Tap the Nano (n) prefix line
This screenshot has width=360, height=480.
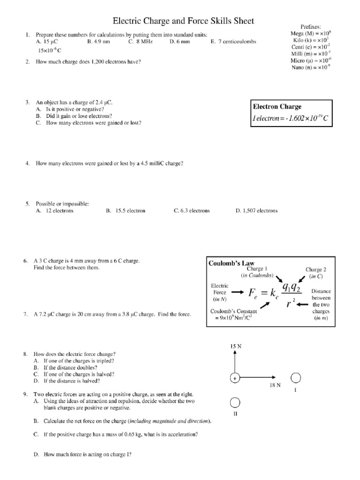pyautogui.click(x=311, y=67)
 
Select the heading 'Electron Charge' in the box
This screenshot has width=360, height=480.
pyautogui.click(x=277, y=107)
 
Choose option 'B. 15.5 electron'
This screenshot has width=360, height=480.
pyautogui.click(x=126, y=211)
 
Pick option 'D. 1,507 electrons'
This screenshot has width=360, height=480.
pyautogui.click(x=256, y=211)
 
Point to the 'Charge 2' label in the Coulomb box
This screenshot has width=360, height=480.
pyautogui.click(x=315, y=270)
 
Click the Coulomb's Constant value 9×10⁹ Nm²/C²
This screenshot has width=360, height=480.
pyautogui.click(x=233, y=318)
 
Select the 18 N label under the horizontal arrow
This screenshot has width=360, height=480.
pyautogui.click(x=275, y=385)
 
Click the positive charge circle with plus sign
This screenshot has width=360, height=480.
pyautogui.click(x=234, y=377)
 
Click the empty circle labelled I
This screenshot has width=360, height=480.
pyautogui.click(x=296, y=378)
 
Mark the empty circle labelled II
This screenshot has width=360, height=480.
pyautogui.click(x=235, y=403)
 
